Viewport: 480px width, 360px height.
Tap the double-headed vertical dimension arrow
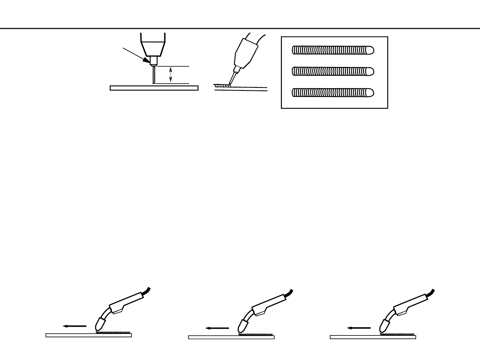(171, 75)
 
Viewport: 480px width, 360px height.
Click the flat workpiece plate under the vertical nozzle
(154, 88)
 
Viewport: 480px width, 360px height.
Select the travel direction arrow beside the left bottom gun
(75, 326)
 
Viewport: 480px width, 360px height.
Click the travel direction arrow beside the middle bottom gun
(217, 328)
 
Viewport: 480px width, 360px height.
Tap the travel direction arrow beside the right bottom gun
(359, 328)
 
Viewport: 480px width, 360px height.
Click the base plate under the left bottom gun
(88, 335)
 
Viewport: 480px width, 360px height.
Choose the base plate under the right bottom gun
(373, 337)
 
